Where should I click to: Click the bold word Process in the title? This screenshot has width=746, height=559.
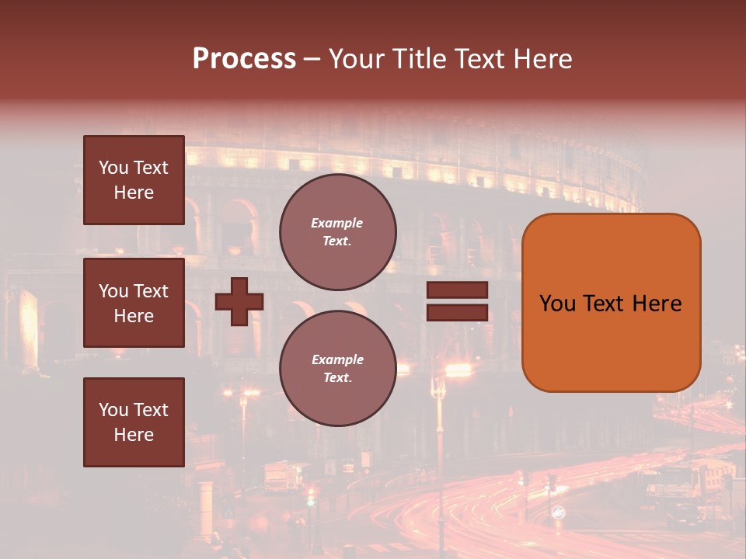tap(244, 59)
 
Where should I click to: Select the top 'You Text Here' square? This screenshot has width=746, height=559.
tap(134, 180)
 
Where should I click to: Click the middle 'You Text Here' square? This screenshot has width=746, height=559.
tap(134, 303)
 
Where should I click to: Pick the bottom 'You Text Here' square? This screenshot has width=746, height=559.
tap(134, 422)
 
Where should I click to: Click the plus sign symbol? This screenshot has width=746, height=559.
tap(239, 302)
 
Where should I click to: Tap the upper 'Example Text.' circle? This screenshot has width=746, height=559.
tap(338, 232)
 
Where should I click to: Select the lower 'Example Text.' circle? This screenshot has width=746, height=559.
tap(338, 369)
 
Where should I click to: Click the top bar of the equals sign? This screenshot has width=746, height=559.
tap(457, 290)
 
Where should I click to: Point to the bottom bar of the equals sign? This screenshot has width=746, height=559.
tap(457, 313)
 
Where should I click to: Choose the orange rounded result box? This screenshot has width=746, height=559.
tap(611, 302)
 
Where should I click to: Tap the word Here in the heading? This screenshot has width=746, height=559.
tap(542, 59)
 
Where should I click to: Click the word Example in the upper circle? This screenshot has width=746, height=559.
tap(336, 223)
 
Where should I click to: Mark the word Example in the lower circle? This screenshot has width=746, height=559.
tap(337, 359)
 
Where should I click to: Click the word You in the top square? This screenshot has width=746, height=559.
tap(113, 168)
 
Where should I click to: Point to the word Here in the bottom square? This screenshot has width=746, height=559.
tap(134, 435)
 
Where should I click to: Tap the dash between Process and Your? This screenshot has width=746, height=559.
tap(312, 60)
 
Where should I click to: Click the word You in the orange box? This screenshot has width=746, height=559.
tap(557, 304)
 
